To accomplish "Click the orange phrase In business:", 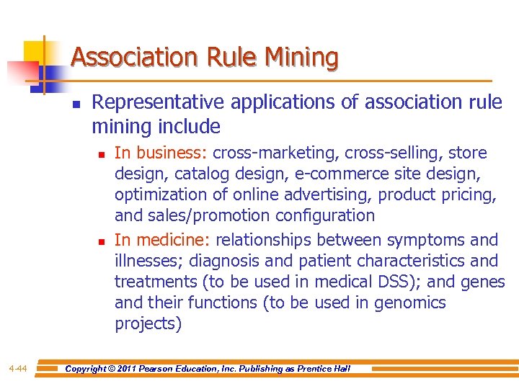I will [x=161, y=153].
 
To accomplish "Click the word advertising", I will [x=327, y=194].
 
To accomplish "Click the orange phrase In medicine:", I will [x=163, y=239].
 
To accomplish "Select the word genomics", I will [x=410, y=303].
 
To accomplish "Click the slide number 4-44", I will [x=18, y=369].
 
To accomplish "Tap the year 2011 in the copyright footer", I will [x=133, y=369].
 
